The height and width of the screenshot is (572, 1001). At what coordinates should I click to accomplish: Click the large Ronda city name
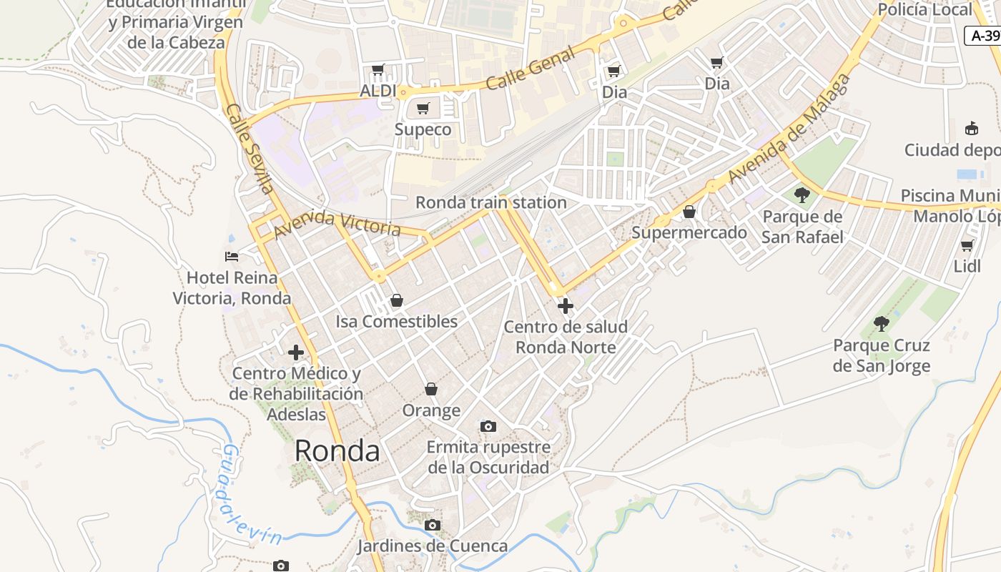pyautogui.click(x=337, y=450)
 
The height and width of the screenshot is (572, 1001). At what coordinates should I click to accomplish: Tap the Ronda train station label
pyautogui.click(x=490, y=202)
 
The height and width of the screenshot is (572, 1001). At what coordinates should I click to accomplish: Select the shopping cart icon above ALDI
pyautogui.click(x=378, y=70)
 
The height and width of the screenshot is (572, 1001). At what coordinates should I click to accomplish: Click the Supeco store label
pyautogui.click(x=423, y=129)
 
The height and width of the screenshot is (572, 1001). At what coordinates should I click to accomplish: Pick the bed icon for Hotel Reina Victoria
pyautogui.click(x=232, y=256)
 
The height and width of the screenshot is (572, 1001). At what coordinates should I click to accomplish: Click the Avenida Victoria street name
pyautogui.click(x=337, y=223)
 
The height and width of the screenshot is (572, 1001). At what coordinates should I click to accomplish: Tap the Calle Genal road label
pyautogui.click(x=530, y=69)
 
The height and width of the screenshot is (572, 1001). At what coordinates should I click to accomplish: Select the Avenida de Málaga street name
pyautogui.click(x=789, y=129)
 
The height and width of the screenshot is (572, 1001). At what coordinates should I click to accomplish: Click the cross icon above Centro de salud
pyautogui.click(x=566, y=306)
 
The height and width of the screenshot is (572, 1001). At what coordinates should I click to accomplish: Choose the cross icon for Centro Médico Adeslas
pyautogui.click(x=296, y=352)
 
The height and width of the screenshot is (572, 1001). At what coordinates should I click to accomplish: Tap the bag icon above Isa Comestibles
pyautogui.click(x=396, y=300)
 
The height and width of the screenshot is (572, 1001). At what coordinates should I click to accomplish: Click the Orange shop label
pyautogui.click(x=431, y=410)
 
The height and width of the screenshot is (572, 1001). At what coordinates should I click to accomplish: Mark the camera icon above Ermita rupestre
pyautogui.click(x=488, y=426)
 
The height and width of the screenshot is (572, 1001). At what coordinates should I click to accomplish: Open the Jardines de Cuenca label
pyautogui.click(x=433, y=546)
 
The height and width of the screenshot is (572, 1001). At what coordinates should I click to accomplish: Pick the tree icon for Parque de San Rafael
pyautogui.click(x=802, y=194)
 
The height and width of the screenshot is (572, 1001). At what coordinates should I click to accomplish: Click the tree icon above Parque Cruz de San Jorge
pyautogui.click(x=882, y=324)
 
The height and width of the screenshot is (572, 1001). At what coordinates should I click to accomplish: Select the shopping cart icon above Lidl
pyautogui.click(x=967, y=245)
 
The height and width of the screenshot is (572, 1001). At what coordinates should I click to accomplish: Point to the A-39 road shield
pyautogui.click(x=984, y=36)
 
